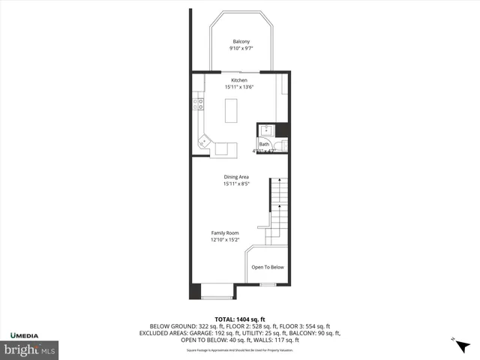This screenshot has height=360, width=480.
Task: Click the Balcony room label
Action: point(241,41)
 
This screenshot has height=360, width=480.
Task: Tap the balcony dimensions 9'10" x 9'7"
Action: point(241,49)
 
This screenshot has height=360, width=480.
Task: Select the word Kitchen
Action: point(239,80)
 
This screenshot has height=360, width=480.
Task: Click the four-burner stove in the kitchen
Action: point(199,105)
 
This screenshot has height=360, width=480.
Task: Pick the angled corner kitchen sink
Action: point(204,141)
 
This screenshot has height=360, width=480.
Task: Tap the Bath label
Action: point(264,144)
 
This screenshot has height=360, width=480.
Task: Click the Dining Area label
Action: point(235,177)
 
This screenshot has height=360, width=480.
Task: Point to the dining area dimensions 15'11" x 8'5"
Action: point(235,184)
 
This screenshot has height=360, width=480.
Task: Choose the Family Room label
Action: point(224,233)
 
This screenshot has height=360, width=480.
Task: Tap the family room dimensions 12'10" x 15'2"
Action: point(224,241)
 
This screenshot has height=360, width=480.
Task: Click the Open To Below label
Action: point(268,268)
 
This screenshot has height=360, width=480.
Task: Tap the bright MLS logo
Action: point(29,349)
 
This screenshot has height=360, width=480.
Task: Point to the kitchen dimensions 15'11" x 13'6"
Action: point(239,88)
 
